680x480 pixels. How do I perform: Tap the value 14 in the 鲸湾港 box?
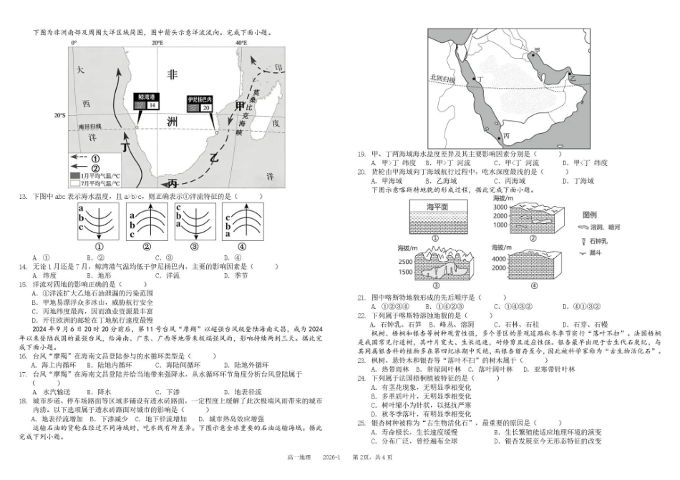point(152,105)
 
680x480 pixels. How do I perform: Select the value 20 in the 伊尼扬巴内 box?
point(206,107)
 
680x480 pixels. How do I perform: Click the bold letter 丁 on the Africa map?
point(127,148)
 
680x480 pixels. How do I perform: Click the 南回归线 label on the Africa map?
point(90,127)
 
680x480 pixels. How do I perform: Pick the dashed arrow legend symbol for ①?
point(80,157)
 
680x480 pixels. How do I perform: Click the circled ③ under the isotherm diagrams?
point(193,247)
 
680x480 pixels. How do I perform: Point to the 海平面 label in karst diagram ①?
point(437,207)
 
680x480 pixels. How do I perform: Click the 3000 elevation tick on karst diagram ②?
point(499,206)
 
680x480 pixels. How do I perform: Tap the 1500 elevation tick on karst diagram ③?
point(405,273)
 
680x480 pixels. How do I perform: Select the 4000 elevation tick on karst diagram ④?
point(499,258)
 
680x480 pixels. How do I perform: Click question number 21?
point(361,297)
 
